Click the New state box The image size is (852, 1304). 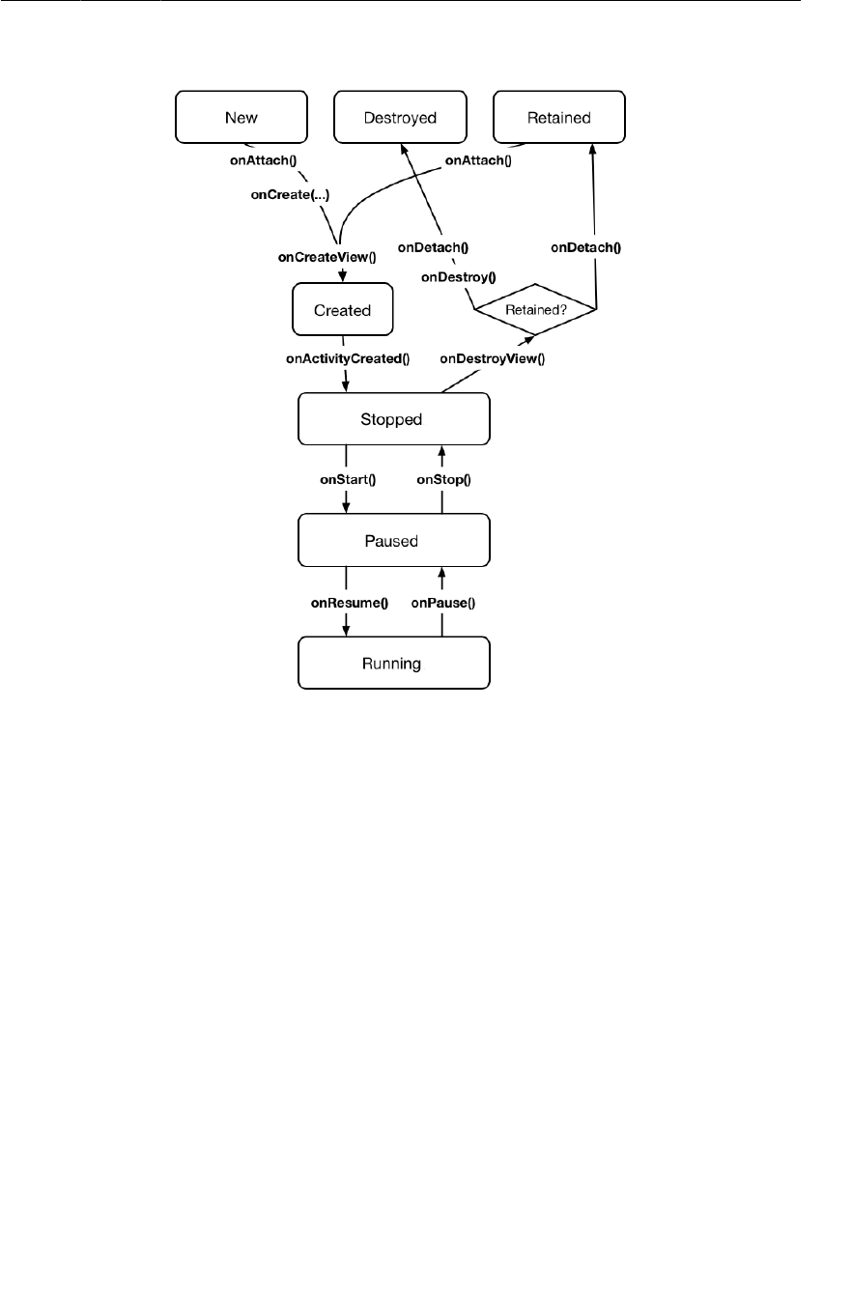[241, 118]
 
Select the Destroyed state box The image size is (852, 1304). [400, 118]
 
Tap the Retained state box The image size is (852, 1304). [558, 118]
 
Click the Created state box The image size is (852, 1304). [342, 310]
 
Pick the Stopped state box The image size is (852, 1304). [394, 419]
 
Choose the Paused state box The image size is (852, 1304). [394, 541]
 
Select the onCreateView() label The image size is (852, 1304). [327, 258]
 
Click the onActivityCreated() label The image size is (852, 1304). [348, 359]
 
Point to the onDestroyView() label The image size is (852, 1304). [493, 359]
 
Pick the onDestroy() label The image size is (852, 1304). [458, 277]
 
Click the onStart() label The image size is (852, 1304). [347, 479]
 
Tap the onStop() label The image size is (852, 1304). [442, 479]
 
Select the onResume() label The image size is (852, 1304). [349, 603]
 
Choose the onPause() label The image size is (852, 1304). [443, 603]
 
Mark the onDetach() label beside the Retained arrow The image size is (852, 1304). [585, 247]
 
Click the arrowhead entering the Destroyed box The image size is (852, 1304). [403, 146]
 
